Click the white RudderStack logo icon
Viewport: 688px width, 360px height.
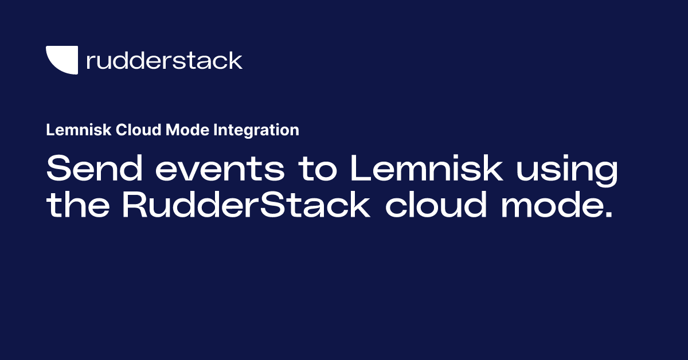click(x=62, y=60)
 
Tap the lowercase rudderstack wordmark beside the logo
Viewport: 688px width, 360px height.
click(x=164, y=60)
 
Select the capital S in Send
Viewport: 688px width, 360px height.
click(x=60, y=170)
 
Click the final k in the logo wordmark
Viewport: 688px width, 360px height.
click(x=236, y=60)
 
